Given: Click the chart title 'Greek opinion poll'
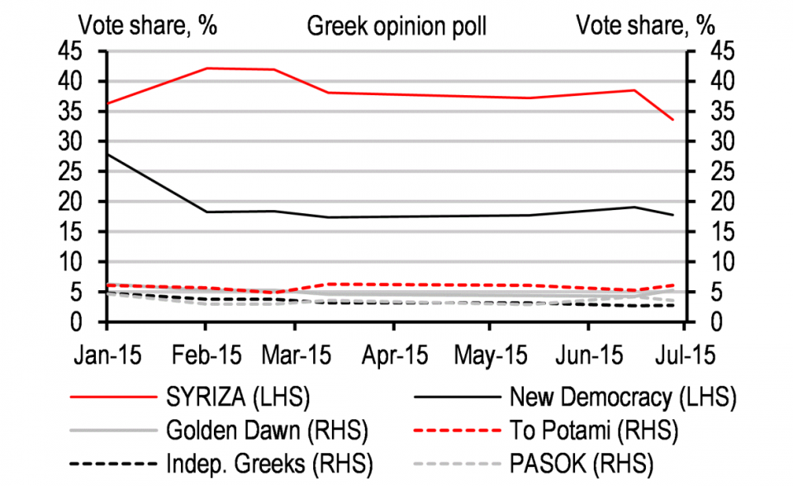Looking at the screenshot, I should [x=396, y=26].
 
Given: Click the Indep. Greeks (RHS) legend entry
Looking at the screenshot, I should [x=269, y=462].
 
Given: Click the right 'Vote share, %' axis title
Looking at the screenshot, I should [x=645, y=26].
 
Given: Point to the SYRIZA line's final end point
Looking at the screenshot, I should [x=674, y=120].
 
